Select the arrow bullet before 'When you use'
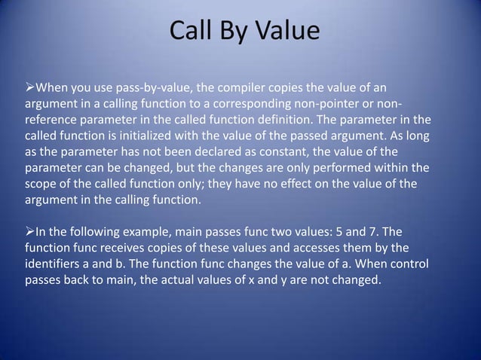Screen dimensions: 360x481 pos(31,81)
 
